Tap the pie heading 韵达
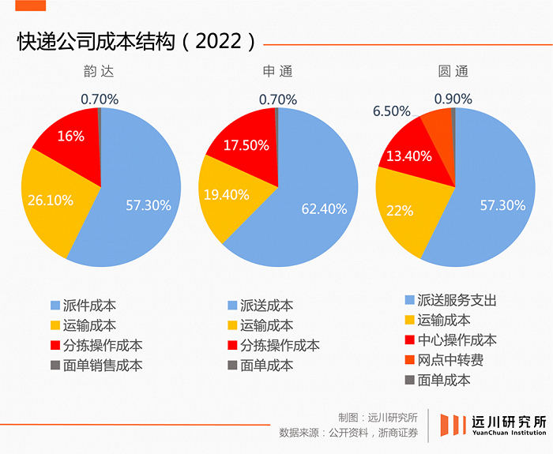click(x=99, y=71)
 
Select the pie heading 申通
click(x=277, y=71)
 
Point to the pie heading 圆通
click(x=453, y=71)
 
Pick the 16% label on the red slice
click(x=70, y=136)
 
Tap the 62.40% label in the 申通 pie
click(x=325, y=208)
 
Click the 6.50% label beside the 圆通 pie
click(x=392, y=111)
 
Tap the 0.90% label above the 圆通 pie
click(x=453, y=99)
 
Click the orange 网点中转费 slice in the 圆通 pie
click(x=437, y=124)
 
